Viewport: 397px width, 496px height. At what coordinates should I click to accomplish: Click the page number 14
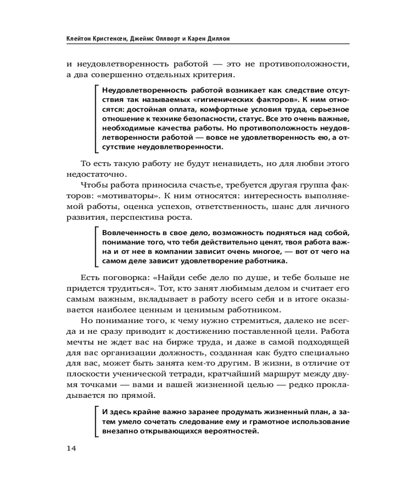tap(71, 448)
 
